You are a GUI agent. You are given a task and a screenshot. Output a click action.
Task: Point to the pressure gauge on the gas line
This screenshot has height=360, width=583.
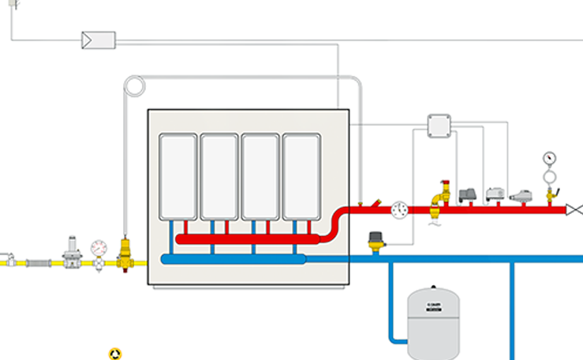click(99, 247)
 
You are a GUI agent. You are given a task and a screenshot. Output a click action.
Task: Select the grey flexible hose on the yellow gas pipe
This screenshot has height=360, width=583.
click(38, 261)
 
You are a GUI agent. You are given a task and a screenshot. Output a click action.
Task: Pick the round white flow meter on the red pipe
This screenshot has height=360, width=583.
click(400, 209)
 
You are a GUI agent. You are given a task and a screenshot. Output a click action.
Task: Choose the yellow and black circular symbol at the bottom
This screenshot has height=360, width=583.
click(115, 353)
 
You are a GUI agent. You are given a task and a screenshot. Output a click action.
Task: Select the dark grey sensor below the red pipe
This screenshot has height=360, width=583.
click(376, 237)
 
